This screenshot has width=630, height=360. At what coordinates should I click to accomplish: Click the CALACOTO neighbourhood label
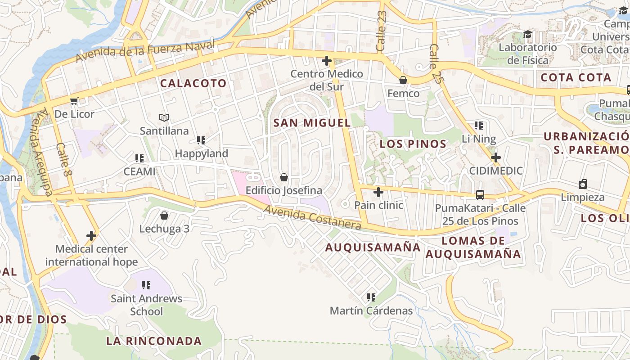[193, 83]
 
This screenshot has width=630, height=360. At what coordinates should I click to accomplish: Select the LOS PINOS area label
[413, 144]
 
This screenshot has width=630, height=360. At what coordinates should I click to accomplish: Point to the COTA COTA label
[576, 77]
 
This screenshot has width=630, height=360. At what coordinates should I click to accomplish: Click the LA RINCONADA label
[154, 341]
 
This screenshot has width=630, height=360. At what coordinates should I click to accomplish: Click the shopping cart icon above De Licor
[74, 101]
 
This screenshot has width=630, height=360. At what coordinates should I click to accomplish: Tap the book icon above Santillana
[164, 118]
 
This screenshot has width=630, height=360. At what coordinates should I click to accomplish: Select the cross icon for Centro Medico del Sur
[327, 61]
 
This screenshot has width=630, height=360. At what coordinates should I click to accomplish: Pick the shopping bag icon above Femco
[403, 80]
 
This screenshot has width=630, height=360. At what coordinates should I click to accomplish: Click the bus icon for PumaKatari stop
[480, 195]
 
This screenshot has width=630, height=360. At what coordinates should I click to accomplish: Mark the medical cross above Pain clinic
[378, 192]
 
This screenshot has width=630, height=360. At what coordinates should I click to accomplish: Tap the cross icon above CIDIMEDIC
[496, 157]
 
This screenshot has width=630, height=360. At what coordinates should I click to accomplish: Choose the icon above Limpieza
[583, 184]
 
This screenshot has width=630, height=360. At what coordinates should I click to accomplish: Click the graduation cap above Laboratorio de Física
[527, 34]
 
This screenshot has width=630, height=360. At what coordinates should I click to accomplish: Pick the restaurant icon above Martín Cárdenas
[371, 297]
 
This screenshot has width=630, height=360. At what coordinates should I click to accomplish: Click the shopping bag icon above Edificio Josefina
[284, 177]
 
